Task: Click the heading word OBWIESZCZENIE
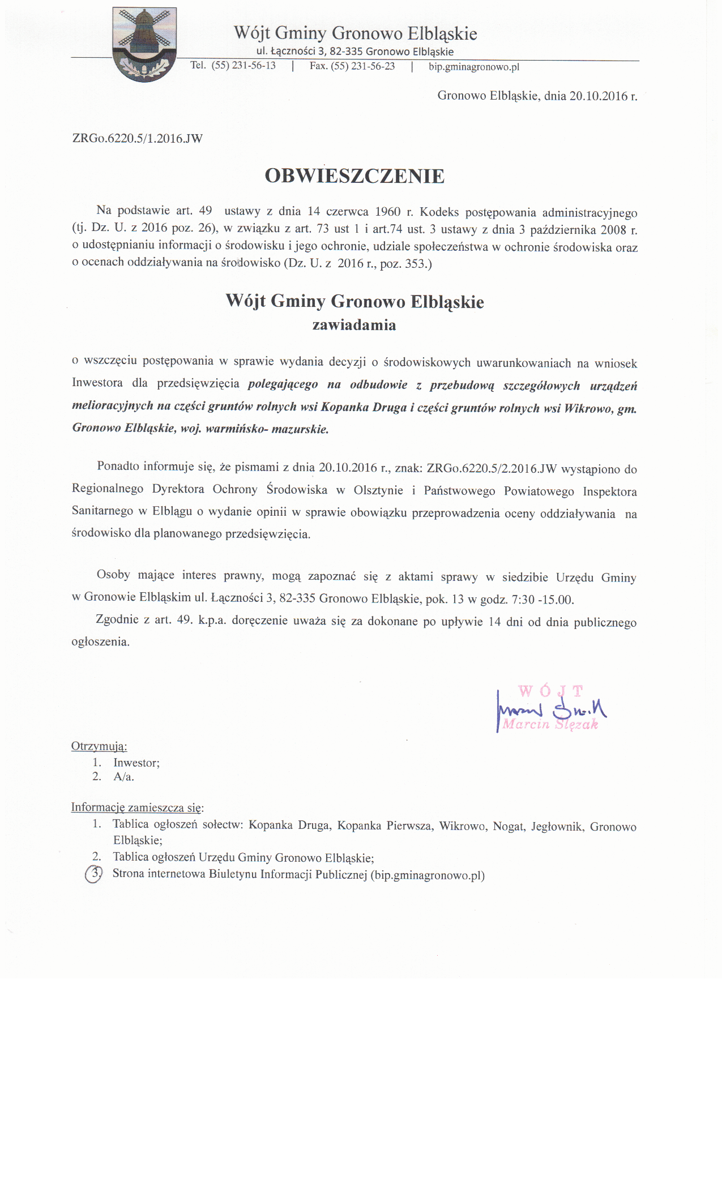tap(354, 176)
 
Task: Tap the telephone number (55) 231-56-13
tap(243, 66)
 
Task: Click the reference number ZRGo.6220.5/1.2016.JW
tap(137, 138)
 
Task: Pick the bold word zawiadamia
tap(354, 325)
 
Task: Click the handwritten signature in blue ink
tap(549, 709)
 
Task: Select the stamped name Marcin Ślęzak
tap(550, 724)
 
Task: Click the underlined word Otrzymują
tap(99, 746)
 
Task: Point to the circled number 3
tap(94, 874)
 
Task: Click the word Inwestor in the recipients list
tap(135, 763)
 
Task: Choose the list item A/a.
tap(123, 777)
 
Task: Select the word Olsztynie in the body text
tap(378, 490)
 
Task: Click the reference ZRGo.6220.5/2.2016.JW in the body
tap(492, 468)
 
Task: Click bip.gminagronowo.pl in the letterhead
tap(473, 67)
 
